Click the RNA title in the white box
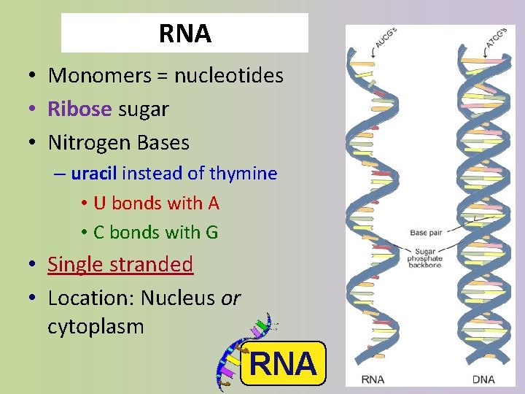click(184, 34)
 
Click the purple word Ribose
click(79, 109)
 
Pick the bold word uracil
click(94, 174)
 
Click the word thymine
click(243, 174)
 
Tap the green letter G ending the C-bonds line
click(211, 232)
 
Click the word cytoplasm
click(96, 326)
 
